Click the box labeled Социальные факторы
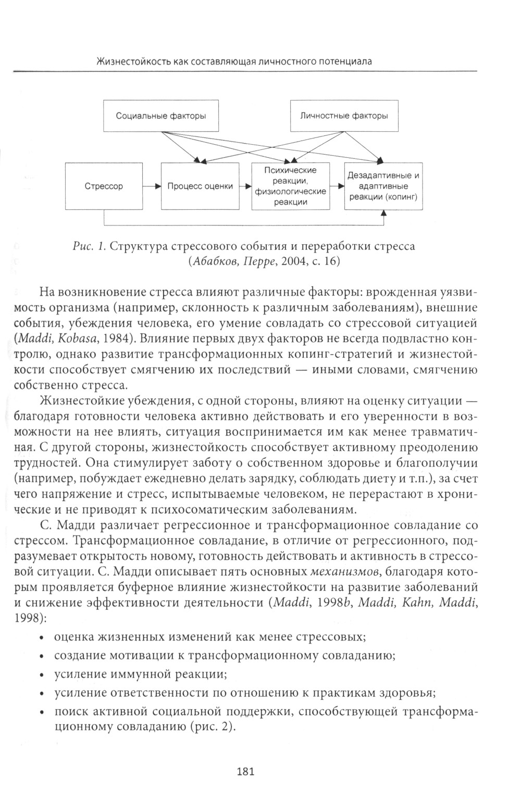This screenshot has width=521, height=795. click(160, 116)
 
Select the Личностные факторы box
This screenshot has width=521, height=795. click(344, 116)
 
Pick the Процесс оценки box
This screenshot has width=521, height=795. click(200, 186)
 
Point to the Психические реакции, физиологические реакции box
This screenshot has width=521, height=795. click(290, 186)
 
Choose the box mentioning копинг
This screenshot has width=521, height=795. click(383, 186)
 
